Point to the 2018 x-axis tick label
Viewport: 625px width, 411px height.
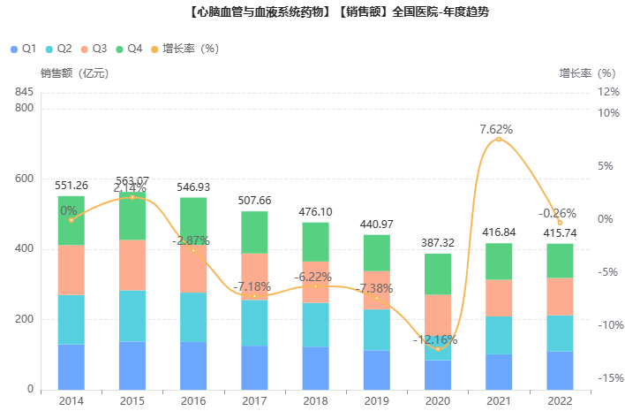315,401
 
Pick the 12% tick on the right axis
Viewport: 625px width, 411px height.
608,92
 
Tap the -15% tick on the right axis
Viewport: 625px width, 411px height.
609,378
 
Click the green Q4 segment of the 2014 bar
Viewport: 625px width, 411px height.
71,220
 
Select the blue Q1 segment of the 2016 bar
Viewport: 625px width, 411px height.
193,365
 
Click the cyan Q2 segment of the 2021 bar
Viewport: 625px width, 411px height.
499,335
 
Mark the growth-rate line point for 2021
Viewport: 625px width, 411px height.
499,139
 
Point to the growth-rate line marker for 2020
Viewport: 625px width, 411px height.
438,349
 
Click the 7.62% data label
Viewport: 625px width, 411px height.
496,129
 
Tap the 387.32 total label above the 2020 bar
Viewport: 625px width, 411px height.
438,242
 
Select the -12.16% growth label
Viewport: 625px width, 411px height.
435,339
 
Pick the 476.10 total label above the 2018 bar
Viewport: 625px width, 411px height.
315,212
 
